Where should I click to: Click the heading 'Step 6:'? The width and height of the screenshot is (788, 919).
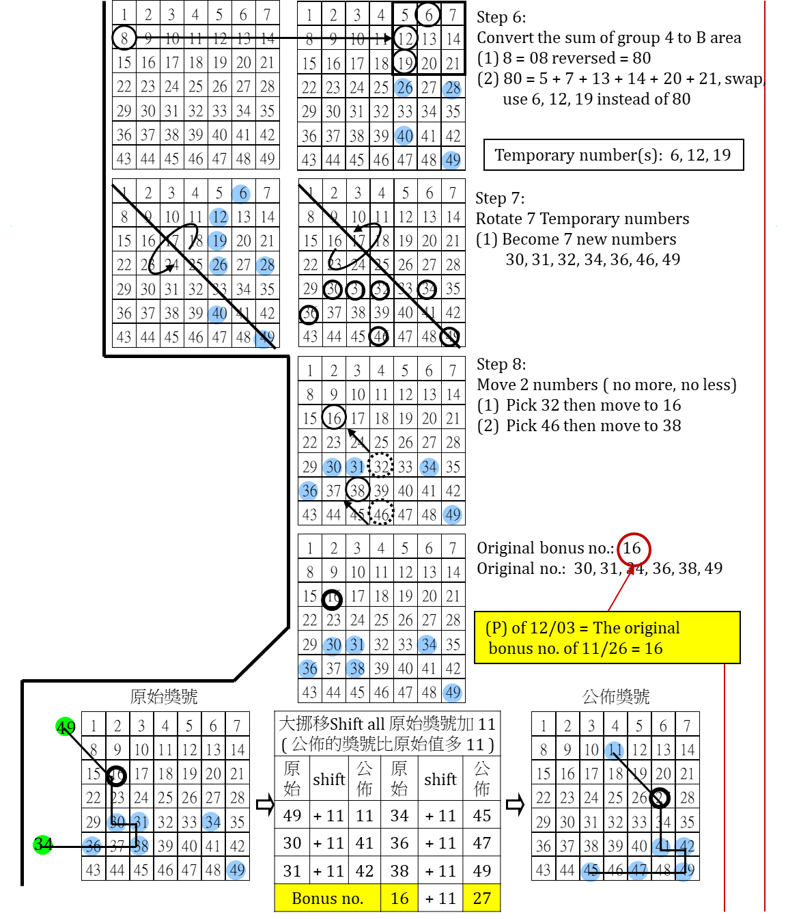tap(501, 17)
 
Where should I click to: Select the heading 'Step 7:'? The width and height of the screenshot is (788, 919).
tap(500, 198)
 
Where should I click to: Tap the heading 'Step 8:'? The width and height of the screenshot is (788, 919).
tap(501, 364)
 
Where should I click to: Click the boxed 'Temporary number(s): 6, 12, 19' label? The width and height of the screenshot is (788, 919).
tap(613, 155)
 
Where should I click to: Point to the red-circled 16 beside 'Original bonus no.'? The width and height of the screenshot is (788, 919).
tap(633, 548)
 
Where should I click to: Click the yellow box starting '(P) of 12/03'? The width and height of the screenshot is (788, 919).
tap(607, 637)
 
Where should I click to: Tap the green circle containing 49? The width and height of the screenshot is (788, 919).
tap(66, 727)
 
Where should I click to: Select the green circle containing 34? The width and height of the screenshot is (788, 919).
tap(43, 845)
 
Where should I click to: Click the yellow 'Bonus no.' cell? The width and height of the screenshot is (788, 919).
tap(328, 899)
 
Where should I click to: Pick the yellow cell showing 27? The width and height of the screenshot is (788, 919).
tap(482, 899)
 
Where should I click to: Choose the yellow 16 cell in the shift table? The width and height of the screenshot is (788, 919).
tap(399, 899)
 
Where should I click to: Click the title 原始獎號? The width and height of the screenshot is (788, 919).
tap(164, 696)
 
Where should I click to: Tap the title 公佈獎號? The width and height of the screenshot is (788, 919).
tap(616, 696)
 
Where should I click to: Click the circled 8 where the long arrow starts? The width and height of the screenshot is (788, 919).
tap(124, 38)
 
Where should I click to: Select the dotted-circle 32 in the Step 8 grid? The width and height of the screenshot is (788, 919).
tap(381, 467)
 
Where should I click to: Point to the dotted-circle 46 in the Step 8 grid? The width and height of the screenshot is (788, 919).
tap(381, 514)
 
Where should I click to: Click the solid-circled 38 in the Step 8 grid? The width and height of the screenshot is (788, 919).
tap(358, 490)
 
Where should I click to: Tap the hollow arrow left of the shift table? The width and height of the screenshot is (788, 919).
tap(265, 804)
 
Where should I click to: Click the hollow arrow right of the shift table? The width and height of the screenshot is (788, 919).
tap(515, 804)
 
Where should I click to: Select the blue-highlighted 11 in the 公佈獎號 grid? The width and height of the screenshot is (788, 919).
tap(615, 750)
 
